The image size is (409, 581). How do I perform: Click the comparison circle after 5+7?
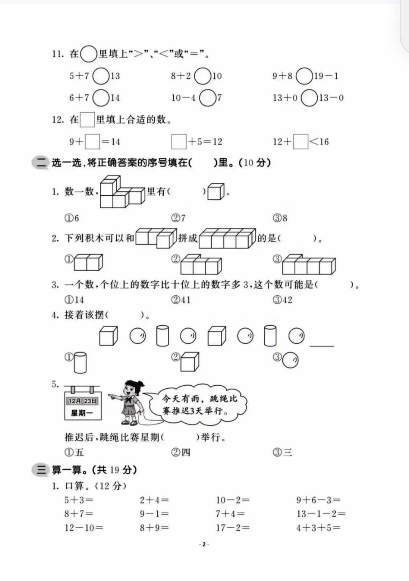click(101, 76)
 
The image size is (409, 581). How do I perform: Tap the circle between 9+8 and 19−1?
click(304, 76)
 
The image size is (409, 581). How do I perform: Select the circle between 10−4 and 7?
click(208, 98)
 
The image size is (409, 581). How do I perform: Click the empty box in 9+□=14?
click(92, 142)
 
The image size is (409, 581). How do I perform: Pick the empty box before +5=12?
click(179, 142)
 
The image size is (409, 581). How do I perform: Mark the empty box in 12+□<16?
click(301, 142)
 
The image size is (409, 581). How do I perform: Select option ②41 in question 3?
click(181, 300)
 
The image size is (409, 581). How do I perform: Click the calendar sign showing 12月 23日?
click(82, 403)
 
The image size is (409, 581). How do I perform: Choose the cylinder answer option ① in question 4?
click(80, 362)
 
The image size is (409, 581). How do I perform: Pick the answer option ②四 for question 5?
click(181, 452)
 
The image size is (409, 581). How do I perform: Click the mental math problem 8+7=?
click(79, 513)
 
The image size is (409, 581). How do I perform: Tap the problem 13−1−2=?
click(320, 513)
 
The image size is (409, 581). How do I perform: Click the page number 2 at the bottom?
click(204, 544)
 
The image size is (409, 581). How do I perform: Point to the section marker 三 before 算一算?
click(41, 470)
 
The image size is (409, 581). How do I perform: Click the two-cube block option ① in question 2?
click(87, 262)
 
